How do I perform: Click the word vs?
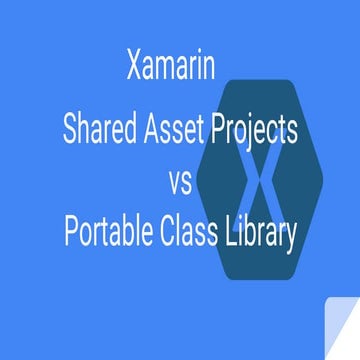[x=180, y=181]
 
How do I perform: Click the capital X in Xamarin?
[x=137, y=69]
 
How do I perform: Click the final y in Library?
[x=292, y=240]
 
